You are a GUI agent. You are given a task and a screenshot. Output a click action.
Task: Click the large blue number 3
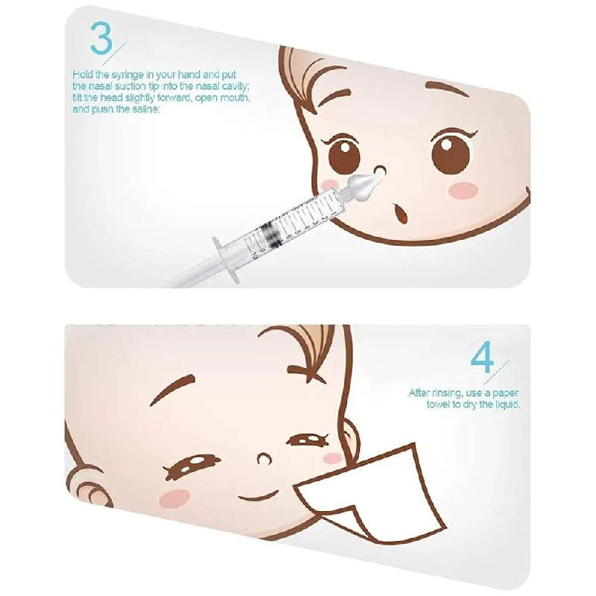point(101,39)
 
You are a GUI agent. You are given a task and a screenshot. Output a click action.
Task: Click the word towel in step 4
point(438,404)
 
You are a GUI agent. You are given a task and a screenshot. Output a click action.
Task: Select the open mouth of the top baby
point(399,214)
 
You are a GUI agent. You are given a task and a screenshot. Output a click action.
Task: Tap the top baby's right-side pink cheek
point(463,189)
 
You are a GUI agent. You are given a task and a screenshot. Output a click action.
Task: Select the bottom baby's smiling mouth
point(260,495)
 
